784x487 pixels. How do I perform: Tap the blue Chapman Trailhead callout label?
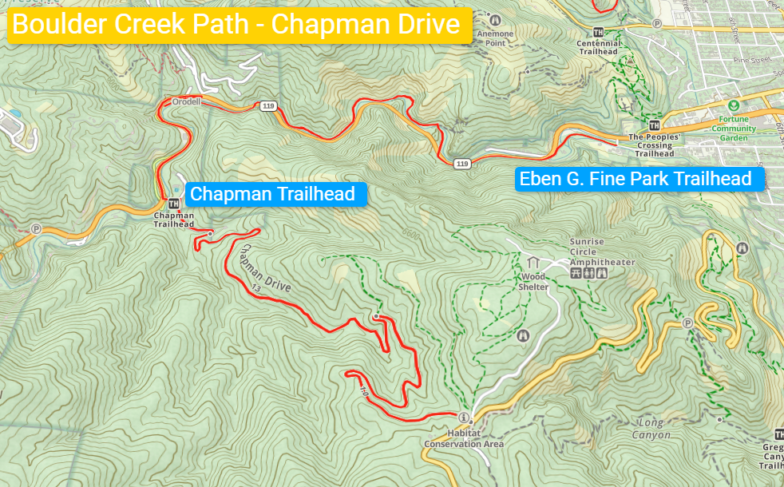272,194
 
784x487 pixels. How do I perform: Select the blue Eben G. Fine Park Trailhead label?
636,179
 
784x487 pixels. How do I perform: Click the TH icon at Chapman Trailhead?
173,204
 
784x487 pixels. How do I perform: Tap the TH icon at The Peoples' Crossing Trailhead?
655,125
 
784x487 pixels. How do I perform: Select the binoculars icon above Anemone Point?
495,20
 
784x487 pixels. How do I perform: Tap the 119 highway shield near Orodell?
266,105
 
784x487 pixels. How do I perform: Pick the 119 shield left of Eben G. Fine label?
461,164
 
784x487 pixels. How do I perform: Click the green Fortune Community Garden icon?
732,105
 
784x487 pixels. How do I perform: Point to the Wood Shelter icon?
533,263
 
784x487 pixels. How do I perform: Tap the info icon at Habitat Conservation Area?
463,418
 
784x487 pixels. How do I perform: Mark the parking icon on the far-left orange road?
36,228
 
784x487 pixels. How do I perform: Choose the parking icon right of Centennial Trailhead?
657,24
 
